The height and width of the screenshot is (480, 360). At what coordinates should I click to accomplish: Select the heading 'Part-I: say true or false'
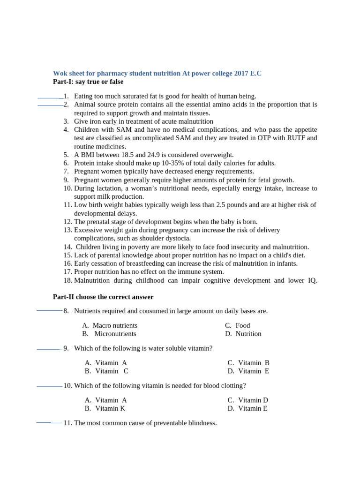[x=88, y=82]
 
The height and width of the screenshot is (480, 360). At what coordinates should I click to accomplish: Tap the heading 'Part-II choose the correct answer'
[x=103, y=297]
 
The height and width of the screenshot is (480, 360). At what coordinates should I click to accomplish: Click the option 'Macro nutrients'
[x=115, y=325]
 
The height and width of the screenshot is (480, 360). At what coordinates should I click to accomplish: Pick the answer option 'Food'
[x=243, y=325]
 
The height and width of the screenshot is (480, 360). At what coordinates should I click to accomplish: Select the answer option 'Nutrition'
[x=248, y=334]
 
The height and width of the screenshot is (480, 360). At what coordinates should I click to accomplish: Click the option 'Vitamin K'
[x=110, y=408]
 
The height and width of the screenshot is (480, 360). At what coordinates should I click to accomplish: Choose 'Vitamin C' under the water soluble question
[x=112, y=371]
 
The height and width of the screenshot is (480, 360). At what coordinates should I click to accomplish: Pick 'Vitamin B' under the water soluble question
[x=254, y=362]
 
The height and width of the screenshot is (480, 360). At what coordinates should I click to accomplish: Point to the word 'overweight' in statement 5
[x=217, y=155]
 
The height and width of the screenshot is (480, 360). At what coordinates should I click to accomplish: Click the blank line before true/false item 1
[x=50, y=97]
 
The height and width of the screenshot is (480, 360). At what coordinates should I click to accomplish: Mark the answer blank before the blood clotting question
[x=49, y=386]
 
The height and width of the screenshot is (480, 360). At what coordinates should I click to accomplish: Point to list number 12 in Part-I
[x=67, y=222]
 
